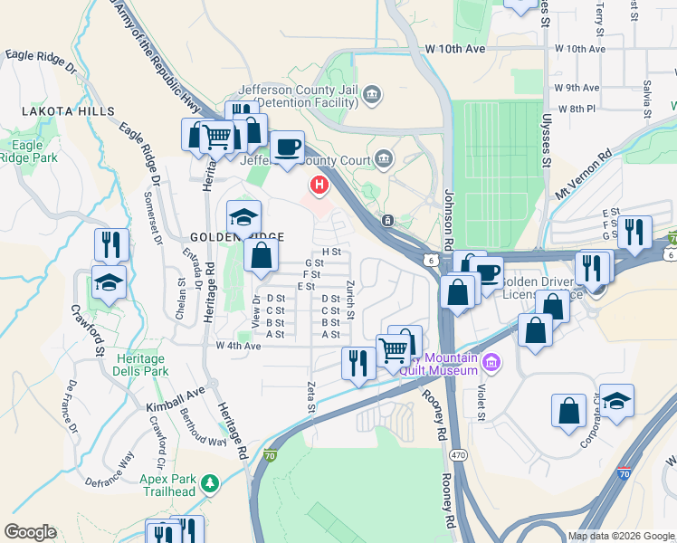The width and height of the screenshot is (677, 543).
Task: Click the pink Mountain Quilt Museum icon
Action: click(x=491, y=364)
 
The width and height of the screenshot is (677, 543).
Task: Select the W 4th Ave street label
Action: click(x=238, y=346)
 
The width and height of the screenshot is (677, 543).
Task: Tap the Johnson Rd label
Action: click(x=448, y=221)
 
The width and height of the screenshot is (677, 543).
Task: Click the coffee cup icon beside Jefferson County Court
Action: click(x=289, y=147)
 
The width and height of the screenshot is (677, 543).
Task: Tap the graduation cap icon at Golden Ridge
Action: click(x=243, y=218)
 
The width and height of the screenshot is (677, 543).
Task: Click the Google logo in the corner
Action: click(x=30, y=532)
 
